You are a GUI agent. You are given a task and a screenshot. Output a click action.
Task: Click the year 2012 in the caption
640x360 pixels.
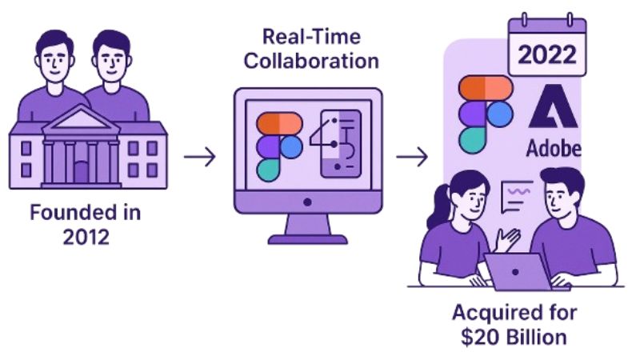click(85, 238)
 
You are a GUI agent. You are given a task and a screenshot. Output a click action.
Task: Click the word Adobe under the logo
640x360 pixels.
click(553, 148)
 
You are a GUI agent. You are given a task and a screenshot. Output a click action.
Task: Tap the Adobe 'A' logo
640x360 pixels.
click(552, 108)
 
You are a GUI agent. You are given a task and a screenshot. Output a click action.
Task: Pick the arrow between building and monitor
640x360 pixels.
click(200, 156)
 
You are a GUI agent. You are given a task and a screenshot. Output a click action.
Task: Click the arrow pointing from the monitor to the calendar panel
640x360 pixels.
click(413, 156)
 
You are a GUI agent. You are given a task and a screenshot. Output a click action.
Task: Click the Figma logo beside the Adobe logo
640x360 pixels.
click(483, 113)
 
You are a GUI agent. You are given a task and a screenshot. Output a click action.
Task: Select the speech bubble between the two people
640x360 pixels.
click(516, 194)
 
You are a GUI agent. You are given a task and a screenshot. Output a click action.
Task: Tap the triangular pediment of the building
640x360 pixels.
click(81, 122)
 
